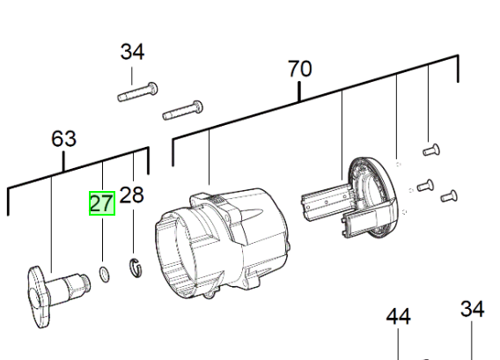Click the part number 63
[63, 139]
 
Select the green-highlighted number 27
[102, 203]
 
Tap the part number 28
[131, 195]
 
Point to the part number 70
[300, 69]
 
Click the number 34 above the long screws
[132, 52]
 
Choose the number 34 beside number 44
[472, 309]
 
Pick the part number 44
[398, 317]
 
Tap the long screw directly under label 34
[137, 92]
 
